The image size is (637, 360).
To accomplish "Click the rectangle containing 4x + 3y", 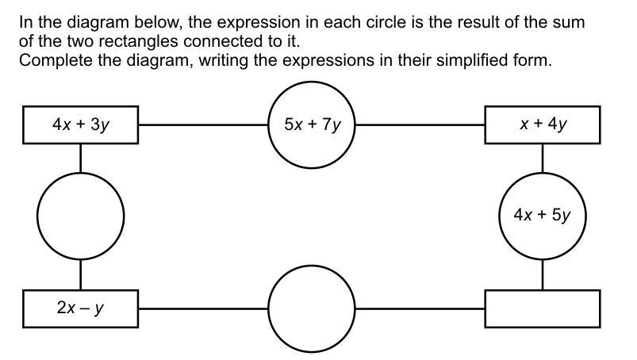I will [80, 124].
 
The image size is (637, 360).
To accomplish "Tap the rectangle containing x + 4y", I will [543, 124].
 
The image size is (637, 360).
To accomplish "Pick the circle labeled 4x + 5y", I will [543, 215].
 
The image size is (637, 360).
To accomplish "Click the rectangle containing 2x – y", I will [80, 308].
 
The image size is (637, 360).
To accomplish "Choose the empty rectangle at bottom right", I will [543, 308].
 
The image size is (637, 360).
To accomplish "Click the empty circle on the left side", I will [80, 215].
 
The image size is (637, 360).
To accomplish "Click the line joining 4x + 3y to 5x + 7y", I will [203, 124].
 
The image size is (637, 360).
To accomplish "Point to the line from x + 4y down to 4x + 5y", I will [543, 157].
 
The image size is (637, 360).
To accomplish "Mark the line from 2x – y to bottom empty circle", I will [203, 308].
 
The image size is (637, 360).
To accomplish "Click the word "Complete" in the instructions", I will [51, 60].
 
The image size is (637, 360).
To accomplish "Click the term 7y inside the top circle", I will [330, 124].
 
